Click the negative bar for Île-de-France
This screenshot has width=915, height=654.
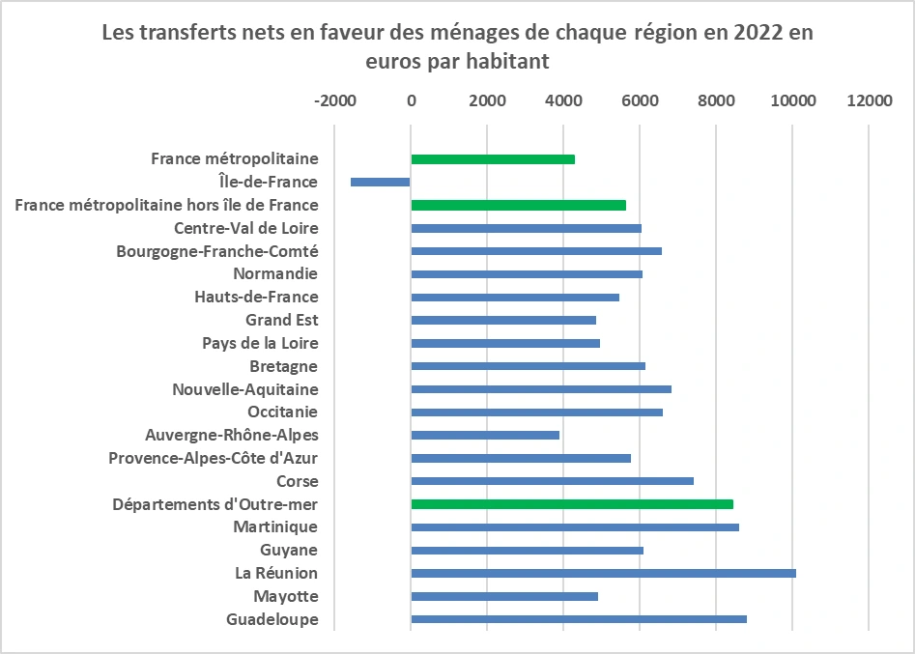(x=381, y=182)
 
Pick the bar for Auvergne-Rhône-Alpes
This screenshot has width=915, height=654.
(x=485, y=435)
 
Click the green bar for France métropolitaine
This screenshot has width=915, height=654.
(x=493, y=158)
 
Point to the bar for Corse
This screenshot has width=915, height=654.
(x=552, y=480)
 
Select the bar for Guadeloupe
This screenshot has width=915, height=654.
(x=579, y=619)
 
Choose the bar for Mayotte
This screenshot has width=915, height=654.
(x=504, y=596)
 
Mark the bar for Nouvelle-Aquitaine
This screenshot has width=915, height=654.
(x=541, y=389)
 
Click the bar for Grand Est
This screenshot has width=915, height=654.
(x=503, y=320)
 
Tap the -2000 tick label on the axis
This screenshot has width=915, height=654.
(x=334, y=100)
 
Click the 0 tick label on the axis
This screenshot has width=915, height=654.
(x=411, y=100)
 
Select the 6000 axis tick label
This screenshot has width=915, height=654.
(x=640, y=100)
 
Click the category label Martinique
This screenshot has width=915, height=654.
(x=275, y=527)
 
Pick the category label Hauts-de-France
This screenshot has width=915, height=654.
(x=256, y=297)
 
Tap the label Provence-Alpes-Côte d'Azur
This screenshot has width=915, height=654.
(x=214, y=458)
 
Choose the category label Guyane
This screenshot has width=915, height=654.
(x=290, y=551)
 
